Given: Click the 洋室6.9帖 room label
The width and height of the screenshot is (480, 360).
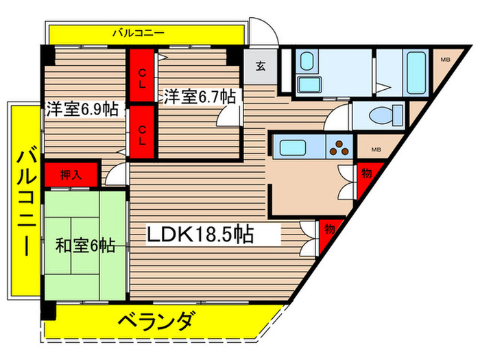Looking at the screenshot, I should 82,108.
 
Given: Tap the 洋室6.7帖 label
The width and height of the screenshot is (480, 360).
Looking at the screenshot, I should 199,97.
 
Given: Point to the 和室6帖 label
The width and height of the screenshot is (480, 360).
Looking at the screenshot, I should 85,244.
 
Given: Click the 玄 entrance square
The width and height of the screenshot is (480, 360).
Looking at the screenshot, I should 261,67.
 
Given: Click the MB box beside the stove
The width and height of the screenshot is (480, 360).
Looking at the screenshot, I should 375,149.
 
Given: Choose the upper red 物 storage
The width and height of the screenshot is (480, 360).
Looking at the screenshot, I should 366,174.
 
